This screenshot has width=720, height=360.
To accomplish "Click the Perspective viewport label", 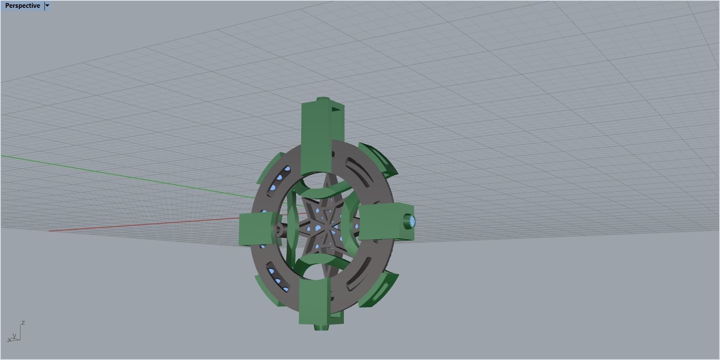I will coord(22,6).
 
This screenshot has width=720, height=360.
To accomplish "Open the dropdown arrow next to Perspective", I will coord(48,6).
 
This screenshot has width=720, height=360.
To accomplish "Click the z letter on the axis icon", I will coord(23,323).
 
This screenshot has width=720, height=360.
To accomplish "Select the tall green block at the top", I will coord(315,135).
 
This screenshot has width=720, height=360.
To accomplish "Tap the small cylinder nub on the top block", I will coord(322,99).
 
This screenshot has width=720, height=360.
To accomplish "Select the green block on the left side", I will coord(250,229).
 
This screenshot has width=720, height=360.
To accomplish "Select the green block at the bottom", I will coord(314,301).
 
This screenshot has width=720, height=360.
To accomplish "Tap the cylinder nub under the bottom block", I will coord(322,327).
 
